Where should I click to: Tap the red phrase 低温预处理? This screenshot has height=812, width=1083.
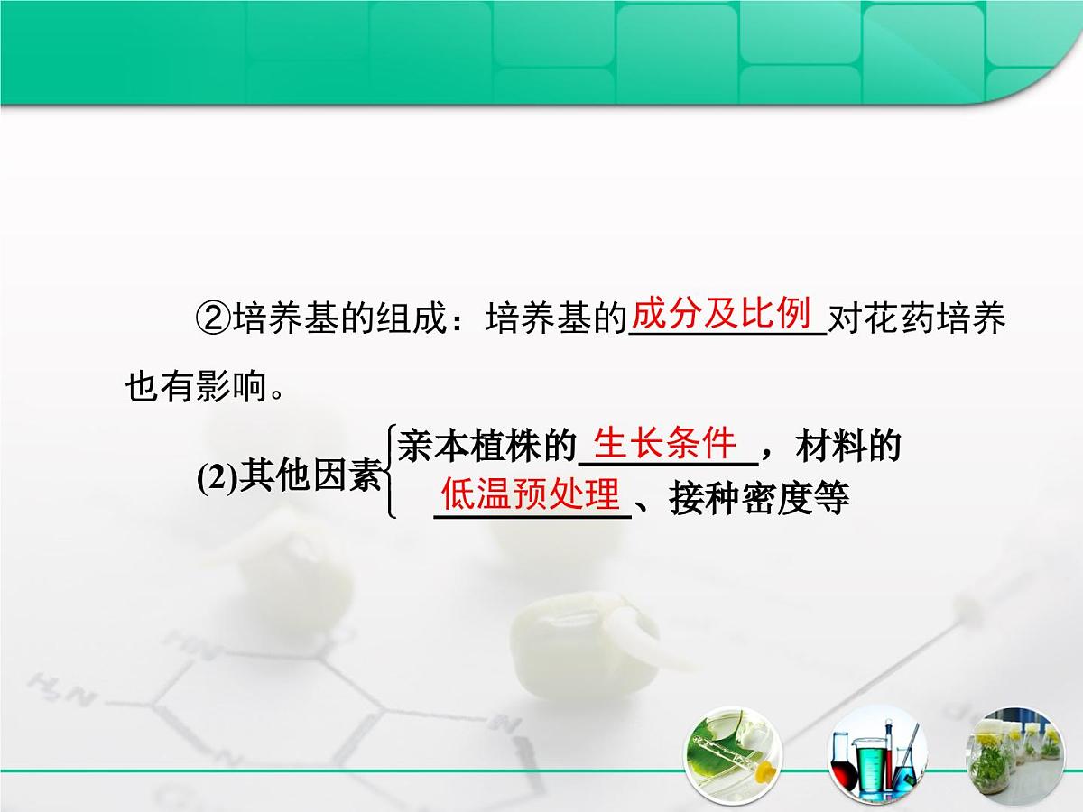[531, 494]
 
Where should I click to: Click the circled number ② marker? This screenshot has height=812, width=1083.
[214, 319]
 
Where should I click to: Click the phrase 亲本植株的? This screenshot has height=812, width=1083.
[486, 446]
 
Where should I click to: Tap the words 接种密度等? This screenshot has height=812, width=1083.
[759, 498]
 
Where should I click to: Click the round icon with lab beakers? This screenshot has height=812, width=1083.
[875, 754]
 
